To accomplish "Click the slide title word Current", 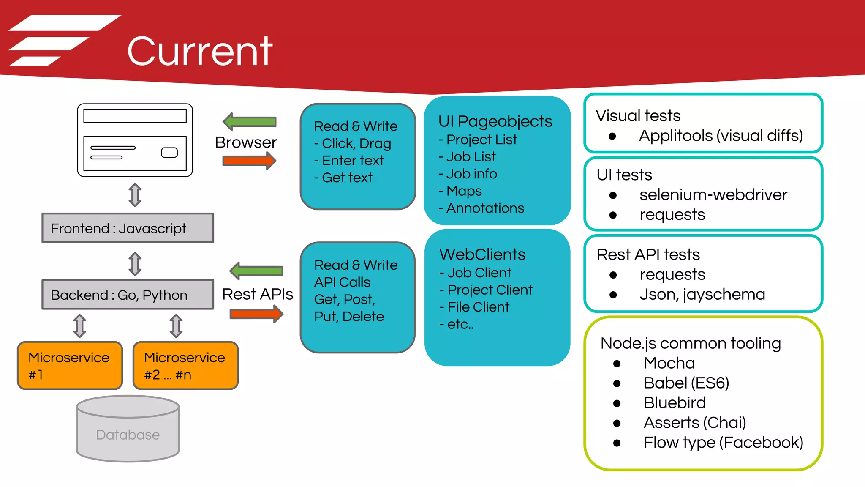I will [x=200, y=52].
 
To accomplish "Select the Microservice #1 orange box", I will [x=70, y=366].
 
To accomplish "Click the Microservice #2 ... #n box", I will [x=185, y=366].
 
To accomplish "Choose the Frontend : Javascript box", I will [x=128, y=228].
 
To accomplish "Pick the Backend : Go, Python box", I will [x=128, y=295].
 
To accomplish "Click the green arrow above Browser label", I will [x=250, y=122].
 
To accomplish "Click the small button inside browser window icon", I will [x=169, y=153].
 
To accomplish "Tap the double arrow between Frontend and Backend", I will [x=135, y=264].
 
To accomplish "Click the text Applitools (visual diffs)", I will [x=721, y=136].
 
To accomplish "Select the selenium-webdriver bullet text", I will [x=713, y=195].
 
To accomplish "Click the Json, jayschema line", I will [x=702, y=294].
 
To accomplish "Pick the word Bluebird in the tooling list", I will [x=675, y=403].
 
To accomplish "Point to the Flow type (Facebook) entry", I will [x=723, y=443].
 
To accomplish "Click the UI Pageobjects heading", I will [x=495, y=121].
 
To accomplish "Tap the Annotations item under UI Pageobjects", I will [x=485, y=208].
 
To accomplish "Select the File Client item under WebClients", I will [x=478, y=307].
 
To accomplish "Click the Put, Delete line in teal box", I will [x=349, y=317].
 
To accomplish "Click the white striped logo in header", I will [x=63, y=40].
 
